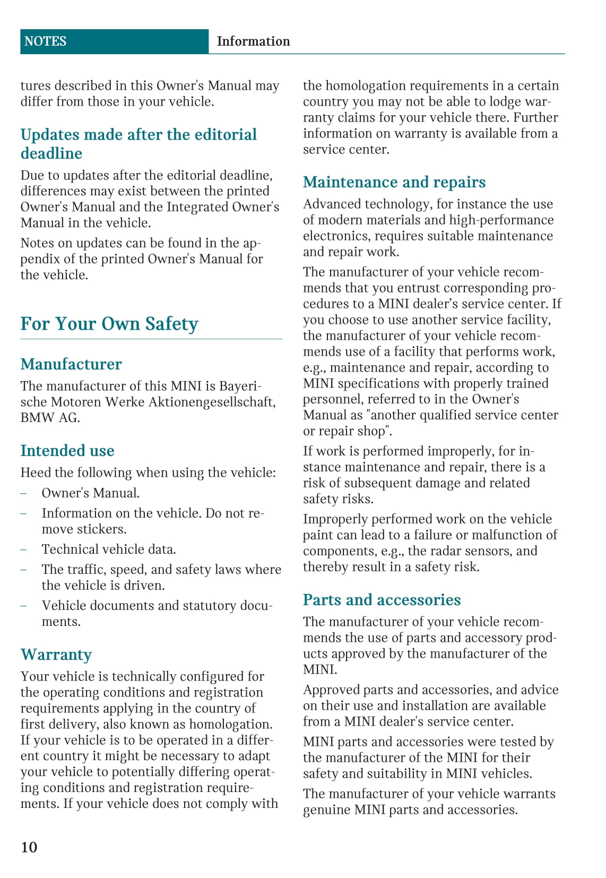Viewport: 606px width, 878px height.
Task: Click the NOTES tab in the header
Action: point(46,41)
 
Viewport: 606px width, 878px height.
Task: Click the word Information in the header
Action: point(253,41)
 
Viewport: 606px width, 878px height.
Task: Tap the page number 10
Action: point(29,847)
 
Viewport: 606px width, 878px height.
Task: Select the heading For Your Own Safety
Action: point(109,324)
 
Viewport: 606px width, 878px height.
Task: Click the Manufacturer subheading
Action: point(71,364)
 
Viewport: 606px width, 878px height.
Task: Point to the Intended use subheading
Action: point(67,451)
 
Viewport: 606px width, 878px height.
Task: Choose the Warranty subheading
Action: point(56,655)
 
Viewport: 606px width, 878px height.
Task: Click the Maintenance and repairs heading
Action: point(394,182)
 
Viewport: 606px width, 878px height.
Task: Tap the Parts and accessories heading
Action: point(382,600)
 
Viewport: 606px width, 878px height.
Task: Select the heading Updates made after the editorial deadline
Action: point(138,144)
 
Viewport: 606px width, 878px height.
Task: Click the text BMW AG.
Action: point(50,418)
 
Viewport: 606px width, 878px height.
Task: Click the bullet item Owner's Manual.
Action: point(91,493)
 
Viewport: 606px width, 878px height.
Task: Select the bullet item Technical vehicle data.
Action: point(109,549)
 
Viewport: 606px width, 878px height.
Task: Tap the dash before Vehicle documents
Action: point(23,606)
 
